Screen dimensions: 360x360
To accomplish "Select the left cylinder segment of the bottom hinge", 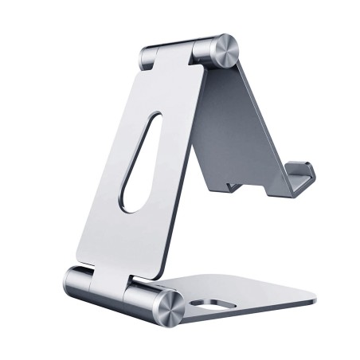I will [x=80, y=282].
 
